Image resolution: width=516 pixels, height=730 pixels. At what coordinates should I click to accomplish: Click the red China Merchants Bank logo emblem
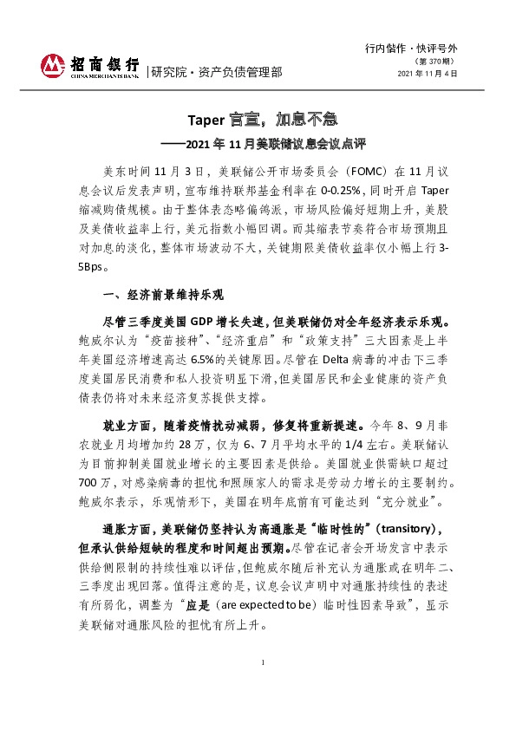[54, 66]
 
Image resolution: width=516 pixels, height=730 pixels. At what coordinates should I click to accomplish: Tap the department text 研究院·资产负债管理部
[217, 73]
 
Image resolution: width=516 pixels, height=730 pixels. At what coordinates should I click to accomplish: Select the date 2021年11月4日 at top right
[427, 74]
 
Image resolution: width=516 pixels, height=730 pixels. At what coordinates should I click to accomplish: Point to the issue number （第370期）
[436, 60]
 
